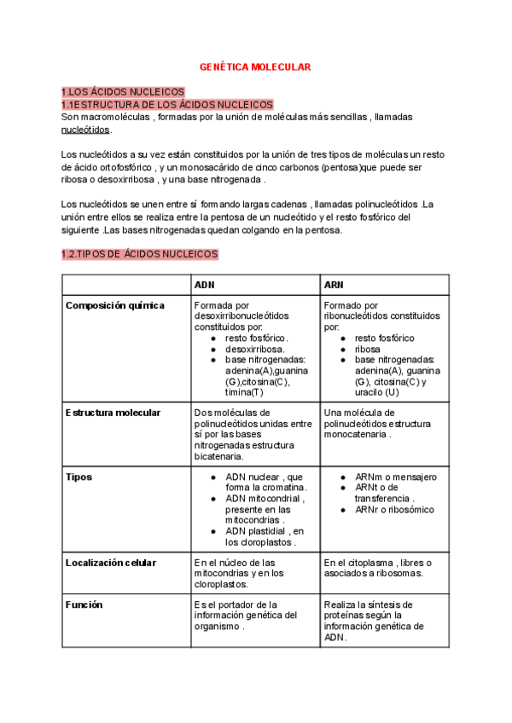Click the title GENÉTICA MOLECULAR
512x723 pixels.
pyautogui.click(x=255, y=66)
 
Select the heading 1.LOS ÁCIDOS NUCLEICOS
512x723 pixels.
pyautogui.click(x=123, y=92)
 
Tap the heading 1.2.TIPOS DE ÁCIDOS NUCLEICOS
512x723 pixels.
pyautogui.click(x=140, y=254)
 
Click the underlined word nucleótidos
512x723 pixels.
pyautogui.click(x=85, y=130)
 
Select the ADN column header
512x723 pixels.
pyautogui.click(x=205, y=285)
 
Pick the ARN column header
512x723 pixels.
pyautogui.click(x=334, y=285)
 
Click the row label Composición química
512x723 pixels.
pyautogui.click(x=115, y=305)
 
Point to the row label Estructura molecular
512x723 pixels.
pyautogui.click(x=113, y=413)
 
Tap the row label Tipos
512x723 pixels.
pyautogui.click(x=79, y=477)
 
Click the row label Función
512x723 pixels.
pyautogui.click(x=84, y=604)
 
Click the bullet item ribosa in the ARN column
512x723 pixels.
pyautogui.click(x=368, y=349)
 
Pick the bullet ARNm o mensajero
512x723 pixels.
pyautogui.click(x=395, y=477)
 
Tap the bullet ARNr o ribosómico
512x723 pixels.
pyautogui.click(x=394, y=510)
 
